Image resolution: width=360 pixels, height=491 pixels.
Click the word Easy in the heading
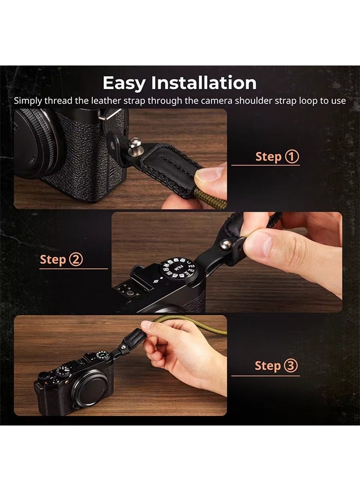tap(124, 83)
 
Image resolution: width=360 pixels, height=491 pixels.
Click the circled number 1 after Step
tap(292, 157)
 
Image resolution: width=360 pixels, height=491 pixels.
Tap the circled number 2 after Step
tap(76, 260)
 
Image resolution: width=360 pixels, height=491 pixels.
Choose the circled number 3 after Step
tap(292, 366)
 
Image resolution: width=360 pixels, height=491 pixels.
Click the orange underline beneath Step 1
tap(266, 165)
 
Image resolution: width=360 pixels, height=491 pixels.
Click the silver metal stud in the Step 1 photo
tap(131, 145)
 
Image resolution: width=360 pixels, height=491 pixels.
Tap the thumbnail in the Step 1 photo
tap(210, 175)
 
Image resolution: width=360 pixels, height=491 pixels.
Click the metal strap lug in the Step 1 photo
tap(112, 115)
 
